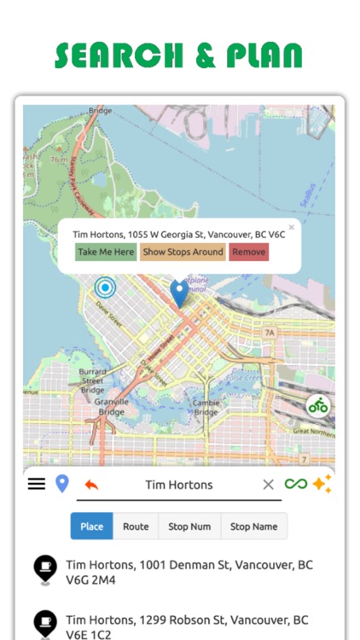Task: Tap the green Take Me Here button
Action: [106, 252]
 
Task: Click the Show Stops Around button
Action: [183, 252]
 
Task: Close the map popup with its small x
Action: [291, 228]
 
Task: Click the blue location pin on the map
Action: [179, 293]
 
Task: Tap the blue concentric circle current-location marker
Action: [106, 287]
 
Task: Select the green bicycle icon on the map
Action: [318, 405]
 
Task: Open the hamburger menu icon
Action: [36, 484]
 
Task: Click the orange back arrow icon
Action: [91, 485]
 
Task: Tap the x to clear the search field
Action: [268, 485]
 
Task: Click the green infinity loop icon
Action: [296, 484]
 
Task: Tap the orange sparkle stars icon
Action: [322, 484]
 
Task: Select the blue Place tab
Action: [91, 527]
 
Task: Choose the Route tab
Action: [136, 527]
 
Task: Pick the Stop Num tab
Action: [189, 527]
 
